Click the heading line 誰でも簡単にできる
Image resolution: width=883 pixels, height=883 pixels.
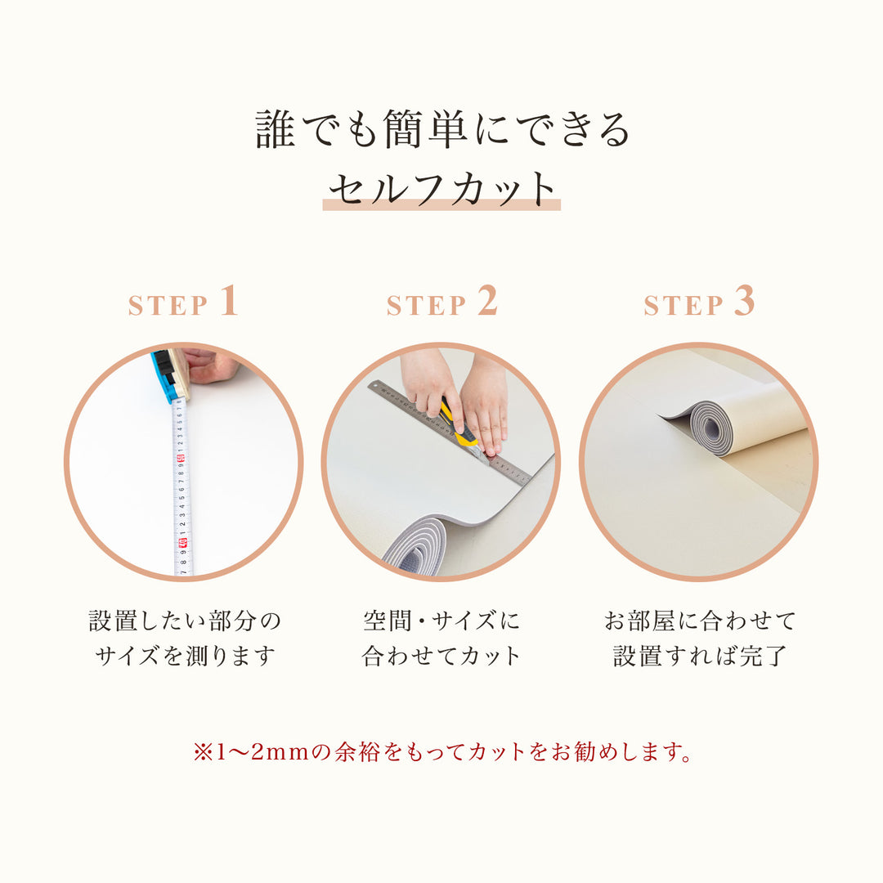pos(441,130)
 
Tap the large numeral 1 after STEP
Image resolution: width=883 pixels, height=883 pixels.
pos(229,301)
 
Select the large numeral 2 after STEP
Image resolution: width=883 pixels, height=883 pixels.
pos(487,301)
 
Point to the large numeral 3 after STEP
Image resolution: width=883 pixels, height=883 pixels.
pos(744,301)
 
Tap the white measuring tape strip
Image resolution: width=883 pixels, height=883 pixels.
pos(182,491)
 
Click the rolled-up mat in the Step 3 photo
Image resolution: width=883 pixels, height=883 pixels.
pos(736,421)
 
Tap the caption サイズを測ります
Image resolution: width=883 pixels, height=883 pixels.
pos(184,656)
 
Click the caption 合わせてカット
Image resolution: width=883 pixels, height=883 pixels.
pos(441,656)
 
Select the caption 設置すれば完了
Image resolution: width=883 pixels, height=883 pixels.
pos(699,656)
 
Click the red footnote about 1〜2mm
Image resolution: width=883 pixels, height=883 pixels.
pos(441,752)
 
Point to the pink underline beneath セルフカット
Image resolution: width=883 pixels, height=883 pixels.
pos(441,206)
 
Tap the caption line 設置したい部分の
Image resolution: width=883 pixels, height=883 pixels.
pos(184,621)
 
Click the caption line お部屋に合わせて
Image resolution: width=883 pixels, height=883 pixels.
pos(699,621)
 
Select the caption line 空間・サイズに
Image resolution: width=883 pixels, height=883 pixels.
pos(441,621)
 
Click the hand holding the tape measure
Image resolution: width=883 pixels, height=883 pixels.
pos(211,365)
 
